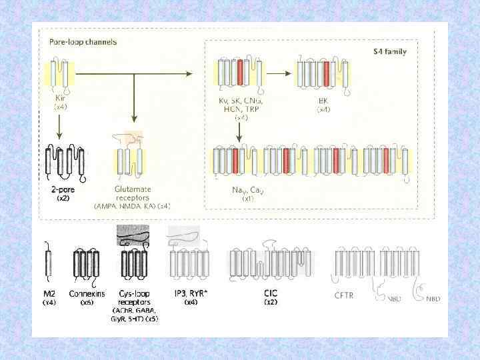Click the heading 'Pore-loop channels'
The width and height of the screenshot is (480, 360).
(x=83, y=42)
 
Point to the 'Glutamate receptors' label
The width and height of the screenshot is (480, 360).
(x=133, y=194)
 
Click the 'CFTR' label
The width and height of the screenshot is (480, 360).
(x=345, y=293)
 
